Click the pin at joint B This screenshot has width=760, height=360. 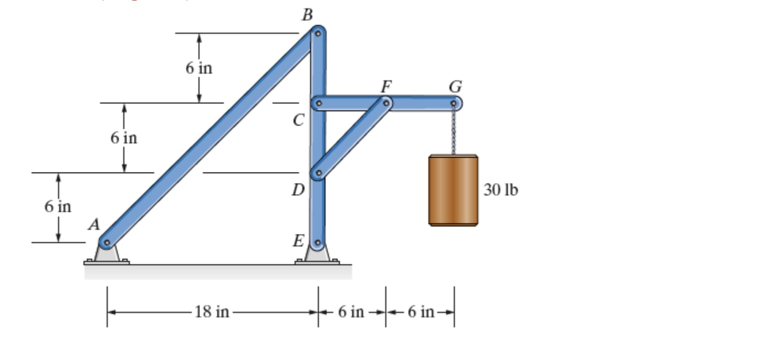[x=318, y=33]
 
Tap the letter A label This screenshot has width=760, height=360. [x=94, y=225]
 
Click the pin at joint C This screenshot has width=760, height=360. [x=319, y=103]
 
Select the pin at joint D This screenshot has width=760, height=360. [x=318, y=173]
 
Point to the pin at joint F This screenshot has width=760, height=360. [x=386, y=103]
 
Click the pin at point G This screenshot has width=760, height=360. [x=454, y=103]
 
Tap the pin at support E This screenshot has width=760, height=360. [x=318, y=243]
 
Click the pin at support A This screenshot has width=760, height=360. [x=107, y=243]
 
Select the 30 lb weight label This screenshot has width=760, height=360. [x=501, y=190]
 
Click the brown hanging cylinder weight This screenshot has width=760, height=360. [x=453, y=190]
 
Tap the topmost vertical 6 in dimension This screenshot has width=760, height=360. [x=198, y=68]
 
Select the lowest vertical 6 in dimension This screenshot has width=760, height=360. [x=58, y=207]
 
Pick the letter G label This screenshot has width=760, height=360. [x=456, y=87]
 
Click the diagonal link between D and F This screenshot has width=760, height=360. [x=352, y=138]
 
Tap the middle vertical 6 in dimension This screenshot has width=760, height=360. [x=124, y=138]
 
